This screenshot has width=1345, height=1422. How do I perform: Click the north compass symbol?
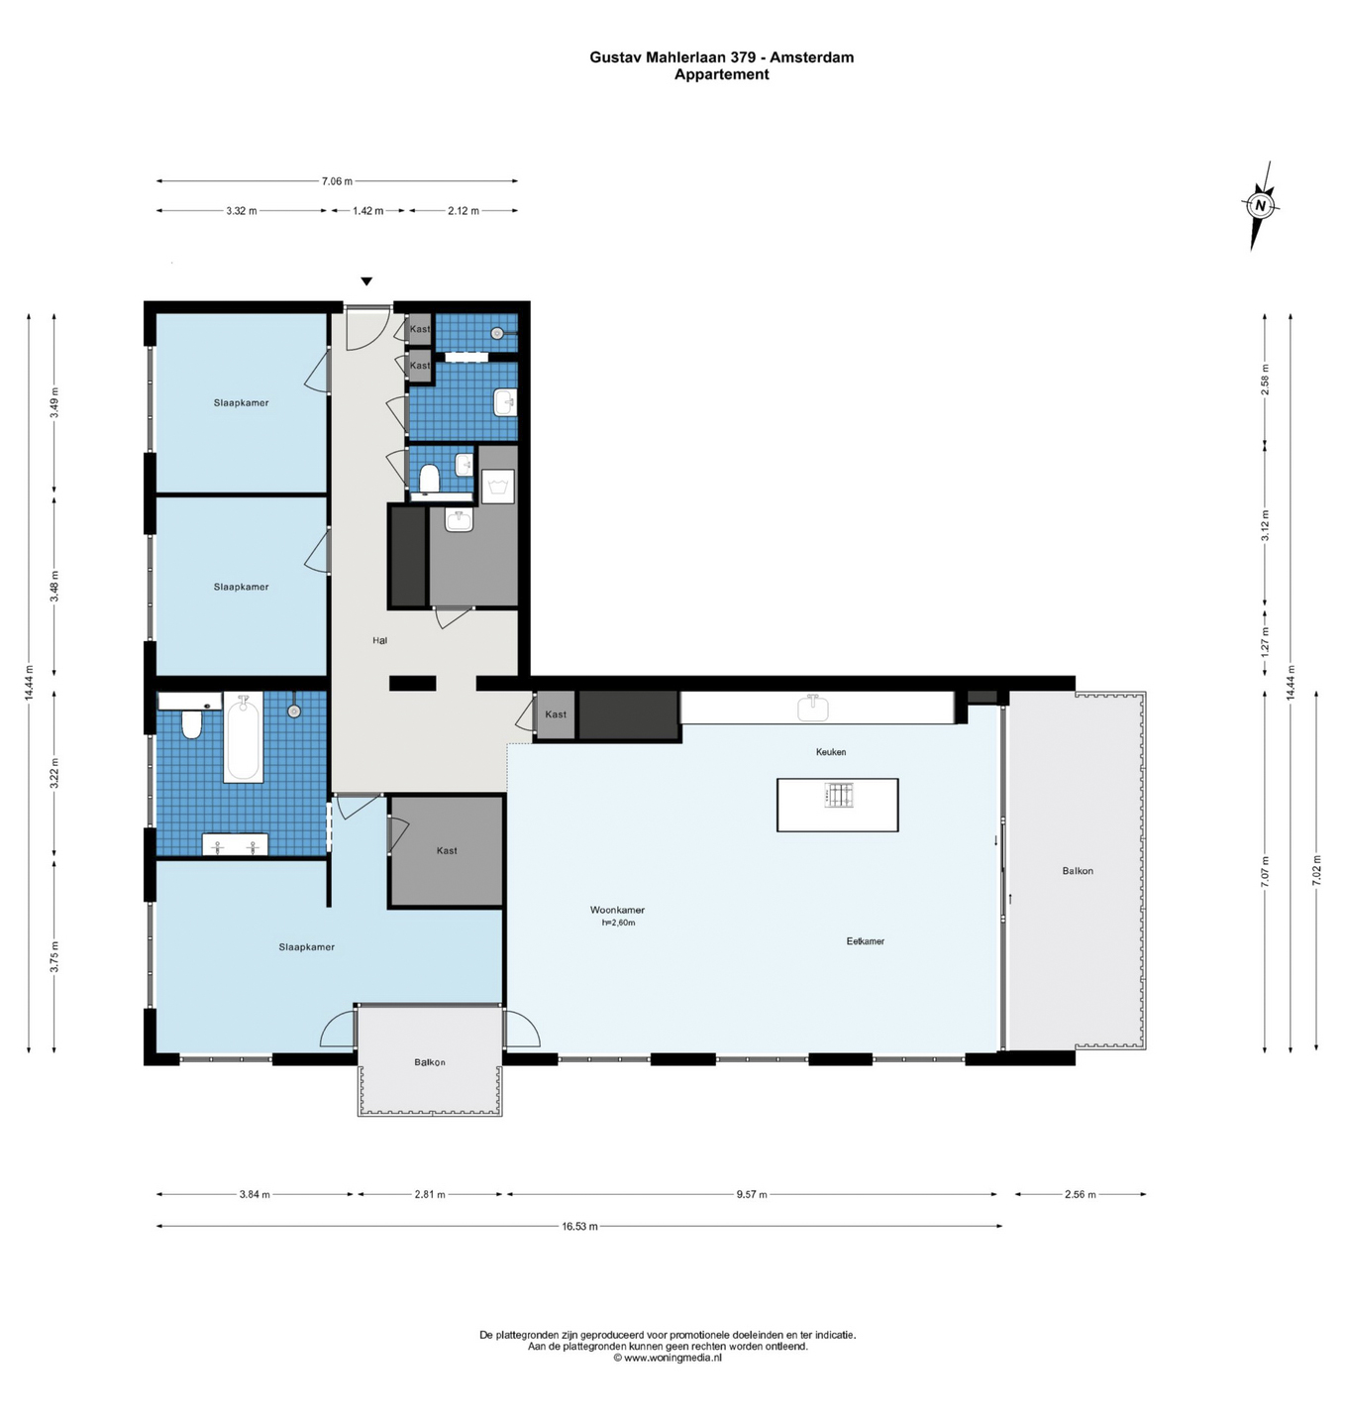click(x=1261, y=206)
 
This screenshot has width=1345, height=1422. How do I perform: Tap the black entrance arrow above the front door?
click(x=366, y=281)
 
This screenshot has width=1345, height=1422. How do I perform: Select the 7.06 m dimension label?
click(x=337, y=181)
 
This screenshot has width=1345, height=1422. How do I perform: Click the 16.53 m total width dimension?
click(x=579, y=1226)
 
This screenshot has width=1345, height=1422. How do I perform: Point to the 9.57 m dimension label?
click(x=752, y=1194)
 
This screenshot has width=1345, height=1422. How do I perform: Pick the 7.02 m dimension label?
click(x=1316, y=872)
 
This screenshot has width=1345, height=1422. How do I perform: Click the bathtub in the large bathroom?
click(x=243, y=736)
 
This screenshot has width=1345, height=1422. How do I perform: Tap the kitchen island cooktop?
click(x=839, y=795)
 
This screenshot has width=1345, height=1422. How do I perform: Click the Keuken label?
click(x=831, y=751)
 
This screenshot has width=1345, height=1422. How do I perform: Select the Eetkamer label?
click(x=865, y=941)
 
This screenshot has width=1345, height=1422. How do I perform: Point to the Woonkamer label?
click(x=617, y=910)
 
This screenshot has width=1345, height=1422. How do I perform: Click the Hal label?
click(x=379, y=640)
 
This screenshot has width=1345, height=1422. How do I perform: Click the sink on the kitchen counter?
click(x=813, y=708)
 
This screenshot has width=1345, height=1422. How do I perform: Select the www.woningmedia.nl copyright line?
click(x=668, y=1358)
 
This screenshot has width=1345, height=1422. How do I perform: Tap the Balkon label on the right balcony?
click(x=1078, y=871)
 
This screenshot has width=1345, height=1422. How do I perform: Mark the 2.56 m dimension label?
click(x=1081, y=1194)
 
